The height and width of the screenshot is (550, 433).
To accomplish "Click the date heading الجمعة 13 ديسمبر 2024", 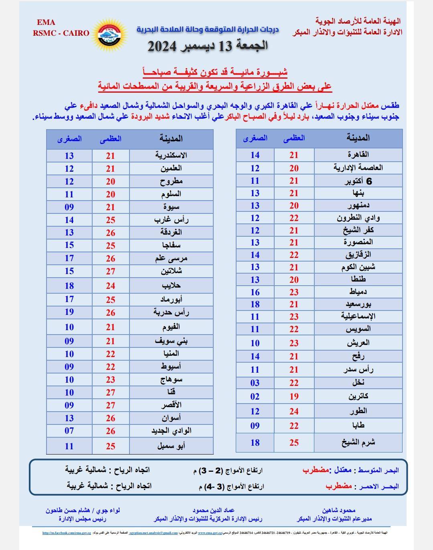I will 208,46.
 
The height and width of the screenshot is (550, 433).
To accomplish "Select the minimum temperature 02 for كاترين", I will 255,397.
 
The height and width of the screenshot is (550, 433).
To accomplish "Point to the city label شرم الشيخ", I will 358,442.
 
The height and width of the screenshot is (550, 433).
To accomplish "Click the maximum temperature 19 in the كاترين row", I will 294,397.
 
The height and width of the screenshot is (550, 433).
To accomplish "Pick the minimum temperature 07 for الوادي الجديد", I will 69,431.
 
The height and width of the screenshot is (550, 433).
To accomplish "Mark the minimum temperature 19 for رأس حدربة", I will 69,312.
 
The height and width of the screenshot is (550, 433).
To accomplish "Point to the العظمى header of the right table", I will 294,138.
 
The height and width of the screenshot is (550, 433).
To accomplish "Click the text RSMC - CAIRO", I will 61,33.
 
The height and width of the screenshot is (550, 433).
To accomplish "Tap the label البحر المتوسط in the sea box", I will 377,470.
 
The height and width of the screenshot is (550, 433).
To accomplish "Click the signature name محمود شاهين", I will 338,510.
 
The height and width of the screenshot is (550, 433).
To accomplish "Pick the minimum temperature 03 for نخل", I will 255,383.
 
